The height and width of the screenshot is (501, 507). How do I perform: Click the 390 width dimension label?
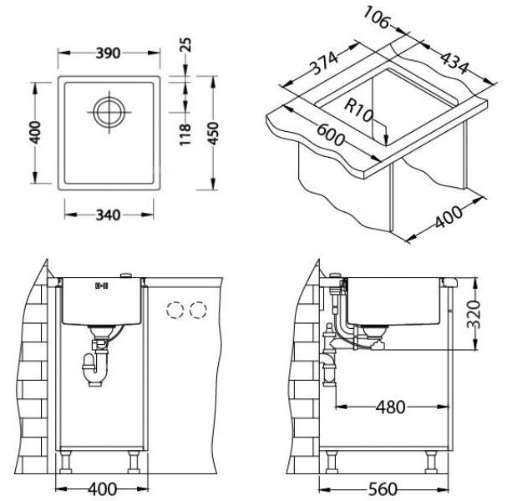tap(108, 53)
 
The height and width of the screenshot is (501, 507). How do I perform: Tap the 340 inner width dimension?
tap(108, 215)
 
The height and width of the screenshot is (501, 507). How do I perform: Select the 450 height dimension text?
tap(213, 133)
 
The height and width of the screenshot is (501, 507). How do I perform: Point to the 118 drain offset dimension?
tap(185, 134)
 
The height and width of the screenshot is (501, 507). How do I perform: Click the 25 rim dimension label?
tap(185, 45)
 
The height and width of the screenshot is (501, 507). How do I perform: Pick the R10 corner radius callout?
tap(358, 110)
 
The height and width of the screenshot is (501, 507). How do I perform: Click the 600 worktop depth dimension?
tap(330, 134)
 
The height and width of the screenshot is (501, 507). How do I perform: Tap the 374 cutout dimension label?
tap(324, 63)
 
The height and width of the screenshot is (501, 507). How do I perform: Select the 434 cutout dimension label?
tap(454, 63)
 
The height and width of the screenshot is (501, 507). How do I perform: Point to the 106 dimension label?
tap(376, 18)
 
